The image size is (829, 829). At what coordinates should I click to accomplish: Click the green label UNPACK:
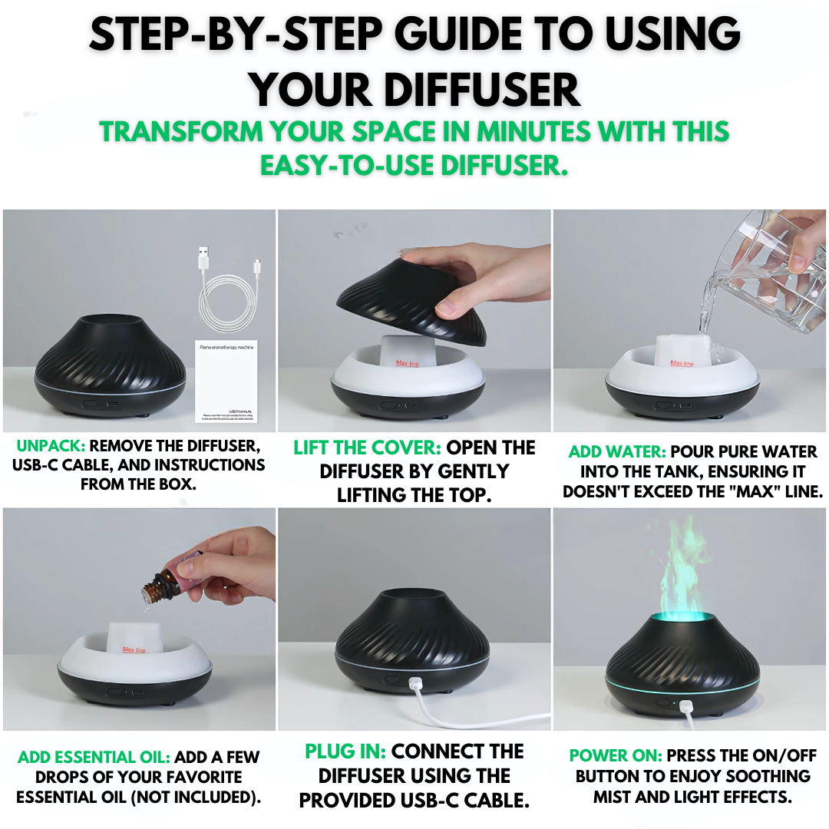pyautogui.click(x=49, y=446)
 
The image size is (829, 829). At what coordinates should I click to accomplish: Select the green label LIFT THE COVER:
pyautogui.click(x=367, y=448)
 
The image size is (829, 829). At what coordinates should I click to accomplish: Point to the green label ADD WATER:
pyautogui.click(x=616, y=452)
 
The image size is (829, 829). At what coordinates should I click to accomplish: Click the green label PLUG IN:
pyautogui.click(x=345, y=751)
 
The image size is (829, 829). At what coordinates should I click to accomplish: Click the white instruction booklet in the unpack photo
pyautogui.click(x=226, y=381)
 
